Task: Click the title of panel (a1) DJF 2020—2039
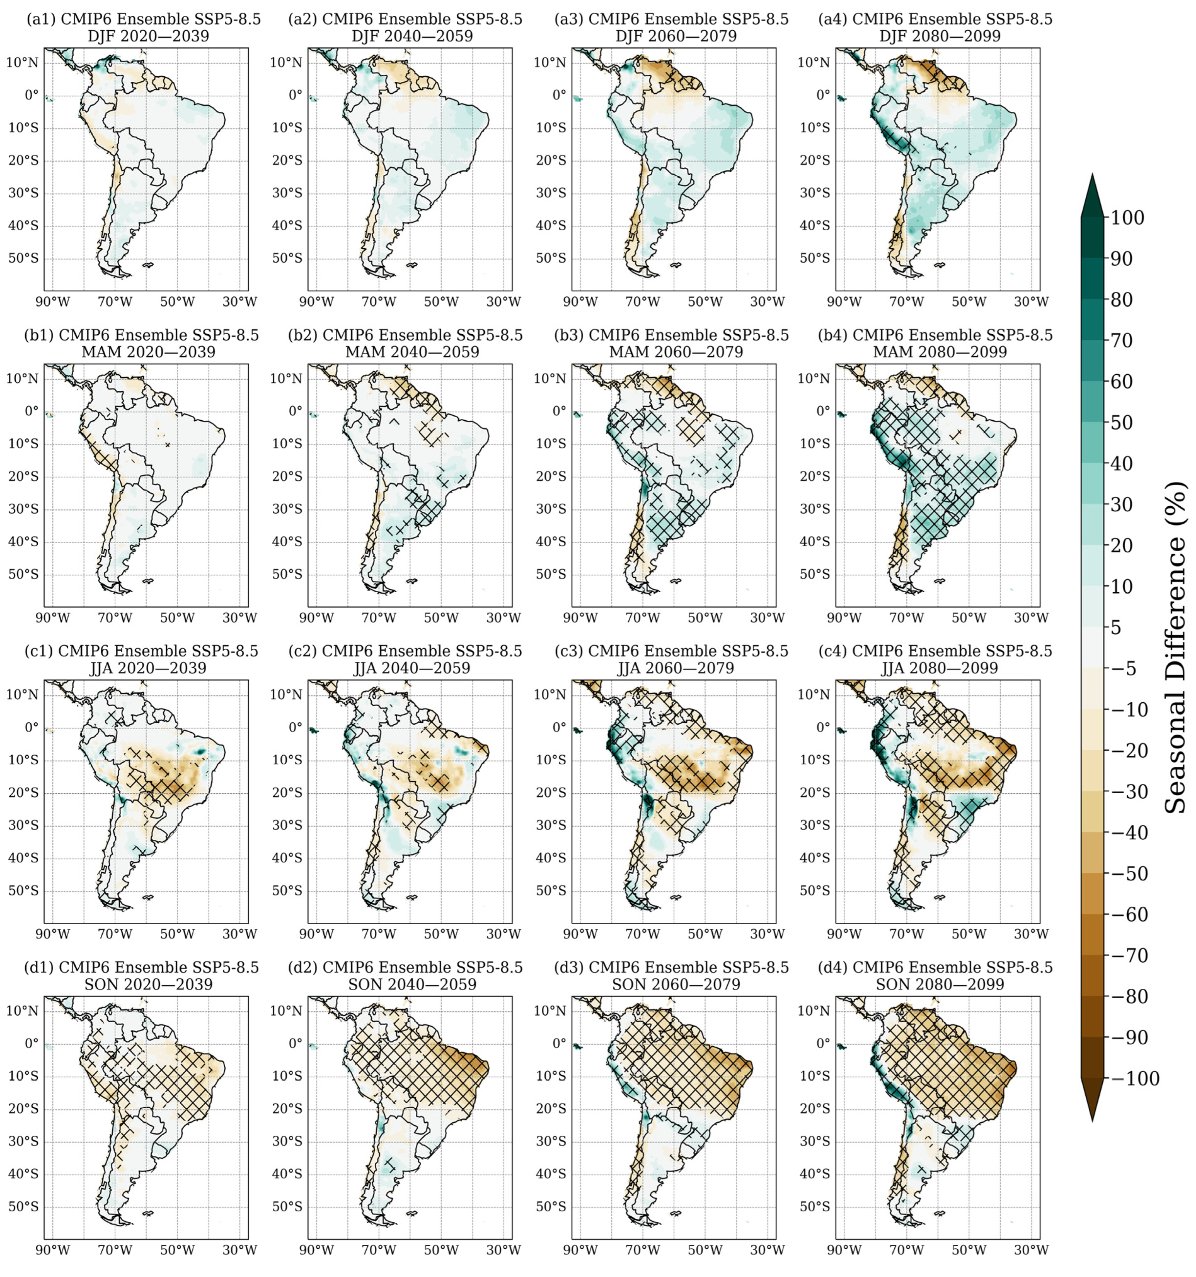point(144,28)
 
